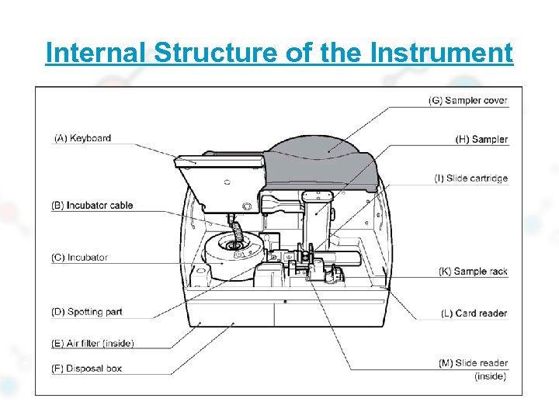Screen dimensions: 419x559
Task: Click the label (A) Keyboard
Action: pos(82,139)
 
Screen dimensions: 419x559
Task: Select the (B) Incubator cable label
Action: pos(92,206)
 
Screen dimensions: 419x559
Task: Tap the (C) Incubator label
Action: pos(79,258)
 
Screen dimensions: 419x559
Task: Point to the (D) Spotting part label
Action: pos(87,312)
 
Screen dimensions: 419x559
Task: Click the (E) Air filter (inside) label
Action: pos(92,343)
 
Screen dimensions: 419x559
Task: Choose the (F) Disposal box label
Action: pos(86,369)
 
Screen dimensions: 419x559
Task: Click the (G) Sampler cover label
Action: pos(467,101)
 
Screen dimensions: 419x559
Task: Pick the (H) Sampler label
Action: pos(481,140)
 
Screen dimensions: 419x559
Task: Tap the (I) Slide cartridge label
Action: pos(470,178)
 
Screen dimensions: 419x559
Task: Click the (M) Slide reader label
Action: pos(472,363)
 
